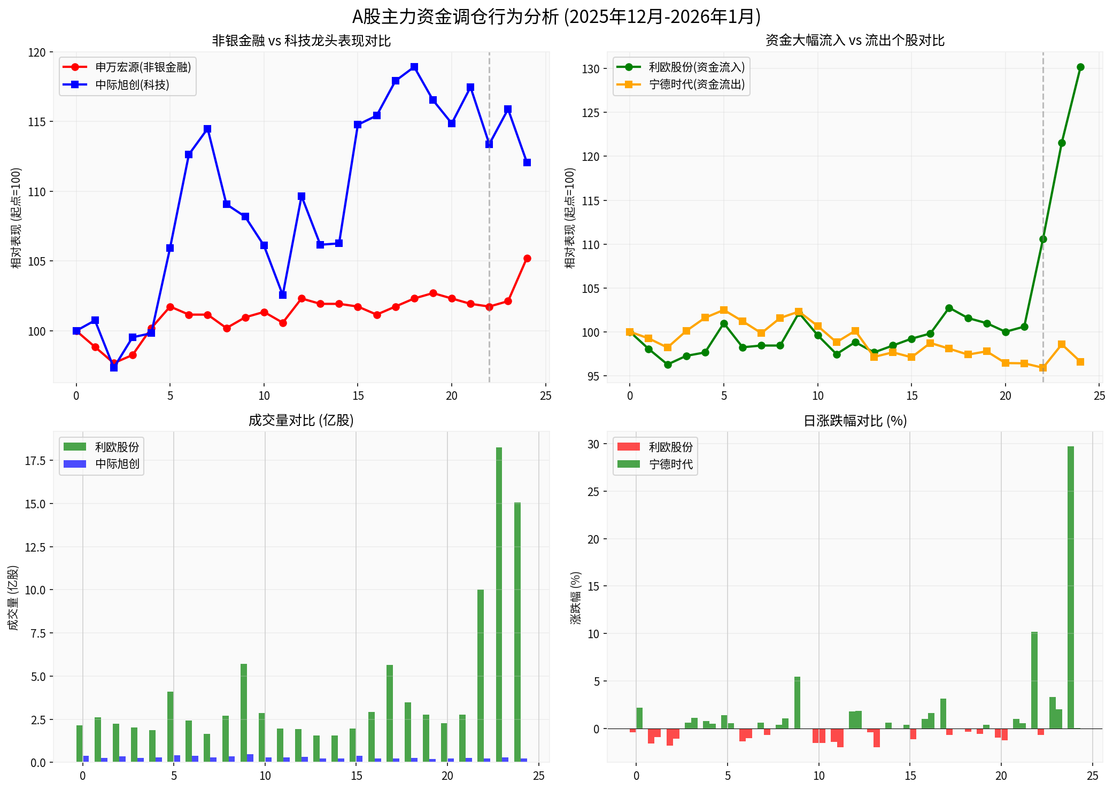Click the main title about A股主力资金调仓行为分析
point(556,17)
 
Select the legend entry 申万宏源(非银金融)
point(143,67)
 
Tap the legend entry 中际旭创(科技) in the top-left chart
point(132,85)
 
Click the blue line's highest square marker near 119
point(414,67)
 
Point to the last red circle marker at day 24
point(527,259)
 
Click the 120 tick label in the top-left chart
point(37,52)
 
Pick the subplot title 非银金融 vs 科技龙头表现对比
point(301,41)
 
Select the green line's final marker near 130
point(1080,67)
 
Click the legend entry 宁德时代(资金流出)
point(697,85)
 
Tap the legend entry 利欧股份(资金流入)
point(697,67)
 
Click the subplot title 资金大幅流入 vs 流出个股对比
point(855,41)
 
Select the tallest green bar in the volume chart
point(499,604)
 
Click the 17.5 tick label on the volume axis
point(35,461)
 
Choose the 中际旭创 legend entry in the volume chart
point(117,464)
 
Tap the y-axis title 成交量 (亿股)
point(14,597)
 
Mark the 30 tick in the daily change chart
point(593,444)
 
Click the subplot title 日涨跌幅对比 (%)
point(855,421)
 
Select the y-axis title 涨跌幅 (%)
point(576,597)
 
